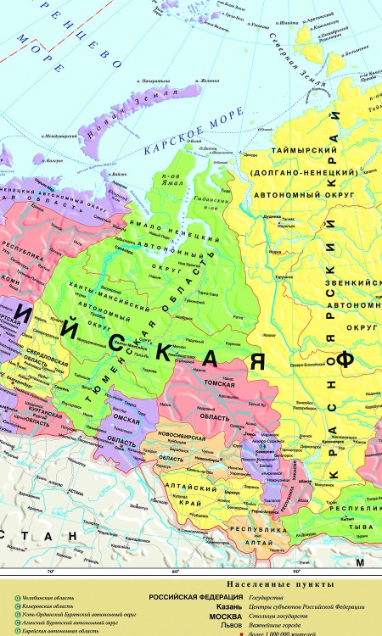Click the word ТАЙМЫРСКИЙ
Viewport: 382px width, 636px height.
[x=302, y=151]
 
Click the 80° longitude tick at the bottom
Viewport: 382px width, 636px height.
[x=176, y=571]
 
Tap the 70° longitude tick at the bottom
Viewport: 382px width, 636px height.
[x=51, y=571]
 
